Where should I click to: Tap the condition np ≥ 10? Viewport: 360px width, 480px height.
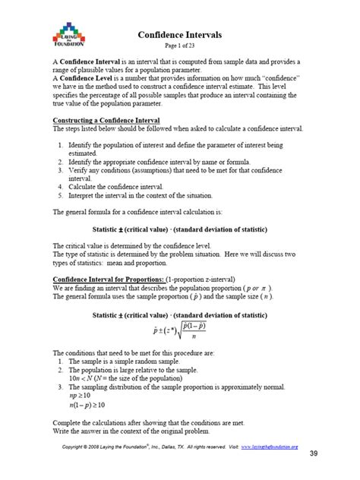[x=80, y=396]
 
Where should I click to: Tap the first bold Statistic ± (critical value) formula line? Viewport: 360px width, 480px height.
[x=180, y=229]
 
